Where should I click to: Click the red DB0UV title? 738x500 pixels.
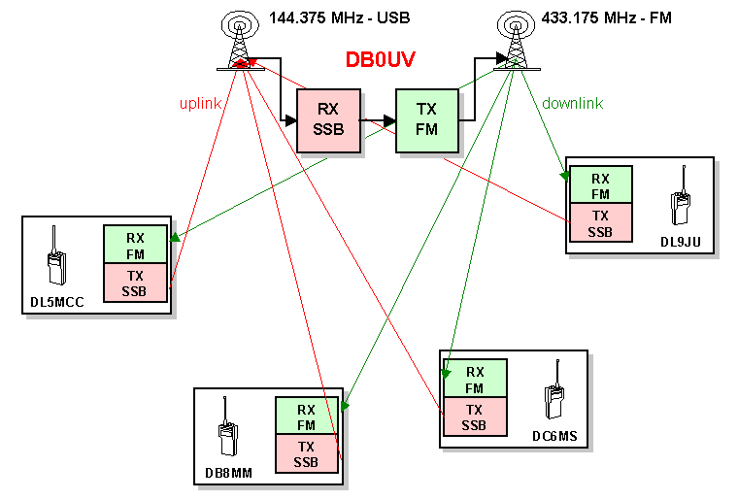(x=381, y=59)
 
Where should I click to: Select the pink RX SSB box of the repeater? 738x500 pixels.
(x=328, y=121)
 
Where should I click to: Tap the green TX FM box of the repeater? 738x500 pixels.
(x=427, y=121)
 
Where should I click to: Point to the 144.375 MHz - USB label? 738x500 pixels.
(x=339, y=17)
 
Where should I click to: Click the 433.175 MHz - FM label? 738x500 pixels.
(x=606, y=17)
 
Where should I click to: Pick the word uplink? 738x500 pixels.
(x=200, y=104)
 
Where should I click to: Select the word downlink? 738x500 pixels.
(x=572, y=103)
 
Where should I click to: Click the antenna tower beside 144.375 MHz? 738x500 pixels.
(x=240, y=41)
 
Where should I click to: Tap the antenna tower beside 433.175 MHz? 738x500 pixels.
(x=517, y=41)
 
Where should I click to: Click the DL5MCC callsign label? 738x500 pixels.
(x=57, y=302)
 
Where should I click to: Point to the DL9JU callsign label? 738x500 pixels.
(x=681, y=242)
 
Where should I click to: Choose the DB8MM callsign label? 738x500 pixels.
(x=229, y=473)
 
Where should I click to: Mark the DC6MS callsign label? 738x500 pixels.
(x=554, y=436)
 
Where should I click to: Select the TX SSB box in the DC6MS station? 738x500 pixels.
(x=475, y=417)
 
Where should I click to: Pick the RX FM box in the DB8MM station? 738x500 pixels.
(x=307, y=417)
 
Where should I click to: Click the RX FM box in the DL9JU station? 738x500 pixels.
(x=600, y=184)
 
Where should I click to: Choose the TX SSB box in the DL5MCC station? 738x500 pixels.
(x=135, y=283)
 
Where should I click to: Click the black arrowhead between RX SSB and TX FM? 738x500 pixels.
(x=389, y=121)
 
